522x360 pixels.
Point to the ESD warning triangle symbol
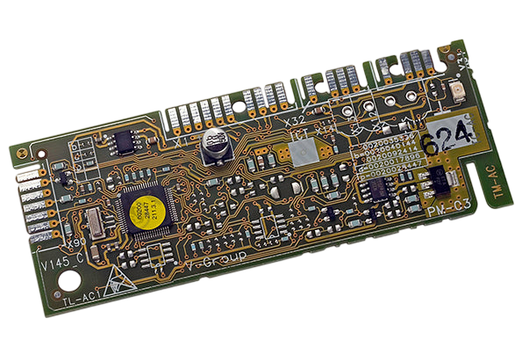pyautogui.click(x=115, y=280)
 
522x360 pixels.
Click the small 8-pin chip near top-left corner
pyautogui.click(x=125, y=140)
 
